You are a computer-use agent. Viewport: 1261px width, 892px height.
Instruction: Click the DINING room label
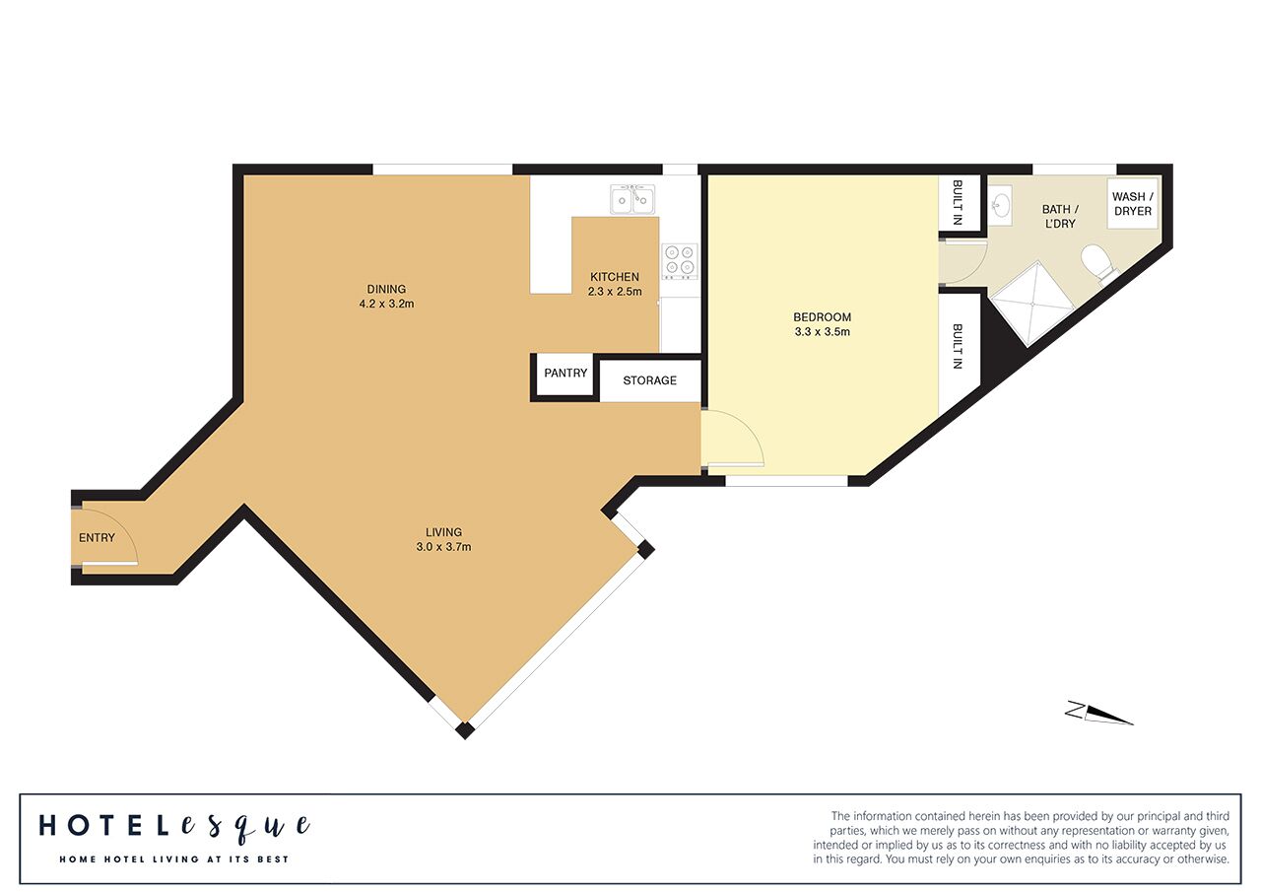386,289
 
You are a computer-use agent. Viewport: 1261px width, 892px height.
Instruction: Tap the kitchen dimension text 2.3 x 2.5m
615,292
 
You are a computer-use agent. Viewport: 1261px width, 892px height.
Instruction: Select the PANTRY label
565,373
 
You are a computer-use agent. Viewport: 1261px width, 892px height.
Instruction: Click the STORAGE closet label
649,380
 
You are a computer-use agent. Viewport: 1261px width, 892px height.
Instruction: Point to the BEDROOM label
822,317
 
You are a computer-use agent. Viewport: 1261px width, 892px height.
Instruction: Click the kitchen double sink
632,199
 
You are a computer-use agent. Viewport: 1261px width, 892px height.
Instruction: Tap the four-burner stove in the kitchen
680,261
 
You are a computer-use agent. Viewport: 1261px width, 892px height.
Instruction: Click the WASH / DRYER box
1133,204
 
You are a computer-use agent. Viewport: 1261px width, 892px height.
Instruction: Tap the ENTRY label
97,538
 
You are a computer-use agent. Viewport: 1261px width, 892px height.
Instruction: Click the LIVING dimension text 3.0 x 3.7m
443,547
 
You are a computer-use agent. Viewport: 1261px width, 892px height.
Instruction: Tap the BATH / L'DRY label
1060,216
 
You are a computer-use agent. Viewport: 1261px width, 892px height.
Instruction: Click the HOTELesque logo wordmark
174,827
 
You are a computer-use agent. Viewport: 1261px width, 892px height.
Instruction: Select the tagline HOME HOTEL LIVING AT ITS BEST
174,859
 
